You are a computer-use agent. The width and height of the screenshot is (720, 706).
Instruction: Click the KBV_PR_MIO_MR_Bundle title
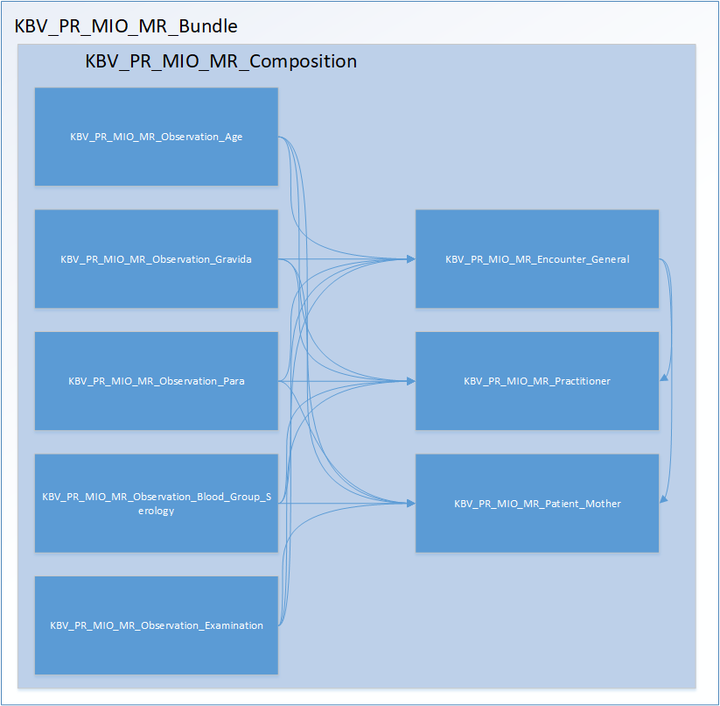coord(126,26)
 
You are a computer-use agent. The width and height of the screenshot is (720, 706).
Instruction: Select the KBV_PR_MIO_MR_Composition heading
coord(221,61)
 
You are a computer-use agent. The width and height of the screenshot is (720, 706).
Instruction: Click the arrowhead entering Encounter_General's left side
coord(410,259)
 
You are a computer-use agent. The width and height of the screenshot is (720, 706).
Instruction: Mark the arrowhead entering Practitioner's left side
coord(410,381)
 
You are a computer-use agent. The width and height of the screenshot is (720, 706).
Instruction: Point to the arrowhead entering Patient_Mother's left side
coord(410,503)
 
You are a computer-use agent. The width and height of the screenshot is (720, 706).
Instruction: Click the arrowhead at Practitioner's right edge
coord(664,378)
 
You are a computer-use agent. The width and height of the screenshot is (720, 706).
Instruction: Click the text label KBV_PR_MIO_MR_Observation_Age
coord(157,137)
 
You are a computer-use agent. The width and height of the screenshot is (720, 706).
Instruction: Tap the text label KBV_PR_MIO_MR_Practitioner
coord(537,381)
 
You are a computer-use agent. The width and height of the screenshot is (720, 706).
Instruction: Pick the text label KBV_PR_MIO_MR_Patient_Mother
coord(537,504)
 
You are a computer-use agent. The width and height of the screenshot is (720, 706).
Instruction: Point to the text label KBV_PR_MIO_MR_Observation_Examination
coord(157,625)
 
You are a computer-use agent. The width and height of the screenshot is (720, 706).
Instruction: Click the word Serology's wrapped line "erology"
coord(157,511)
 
